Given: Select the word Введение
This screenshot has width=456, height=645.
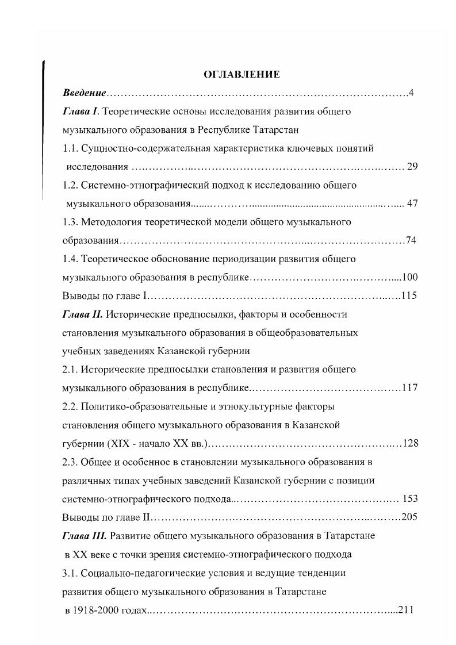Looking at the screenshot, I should pyautogui.click(x=85, y=93).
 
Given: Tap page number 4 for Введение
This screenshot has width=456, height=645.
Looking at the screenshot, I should pyautogui.click(x=411, y=93).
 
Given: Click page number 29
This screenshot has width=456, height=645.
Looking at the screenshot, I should pyautogui.click(x=412, y=167).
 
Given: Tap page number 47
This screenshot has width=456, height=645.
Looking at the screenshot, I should pyautogui.click(x=412, y=204).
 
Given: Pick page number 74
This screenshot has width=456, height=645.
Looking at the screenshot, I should pyautogui.click(x=411, y=240).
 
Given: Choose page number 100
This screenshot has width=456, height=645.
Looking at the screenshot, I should pyautogui.click(x=409, y=277).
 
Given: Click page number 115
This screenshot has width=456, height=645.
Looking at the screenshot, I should pyautogui.click(x=409, y=295).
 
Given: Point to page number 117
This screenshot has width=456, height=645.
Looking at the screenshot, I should pyautogui.click(x=409, y=387).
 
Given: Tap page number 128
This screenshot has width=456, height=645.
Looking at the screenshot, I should pyautogui.click(x=409, y=443).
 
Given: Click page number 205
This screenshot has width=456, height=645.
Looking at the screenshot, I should pyautogui.click(x=409, y=517).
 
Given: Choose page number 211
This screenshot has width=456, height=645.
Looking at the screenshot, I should pyautogui.click(x=406, y=609).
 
